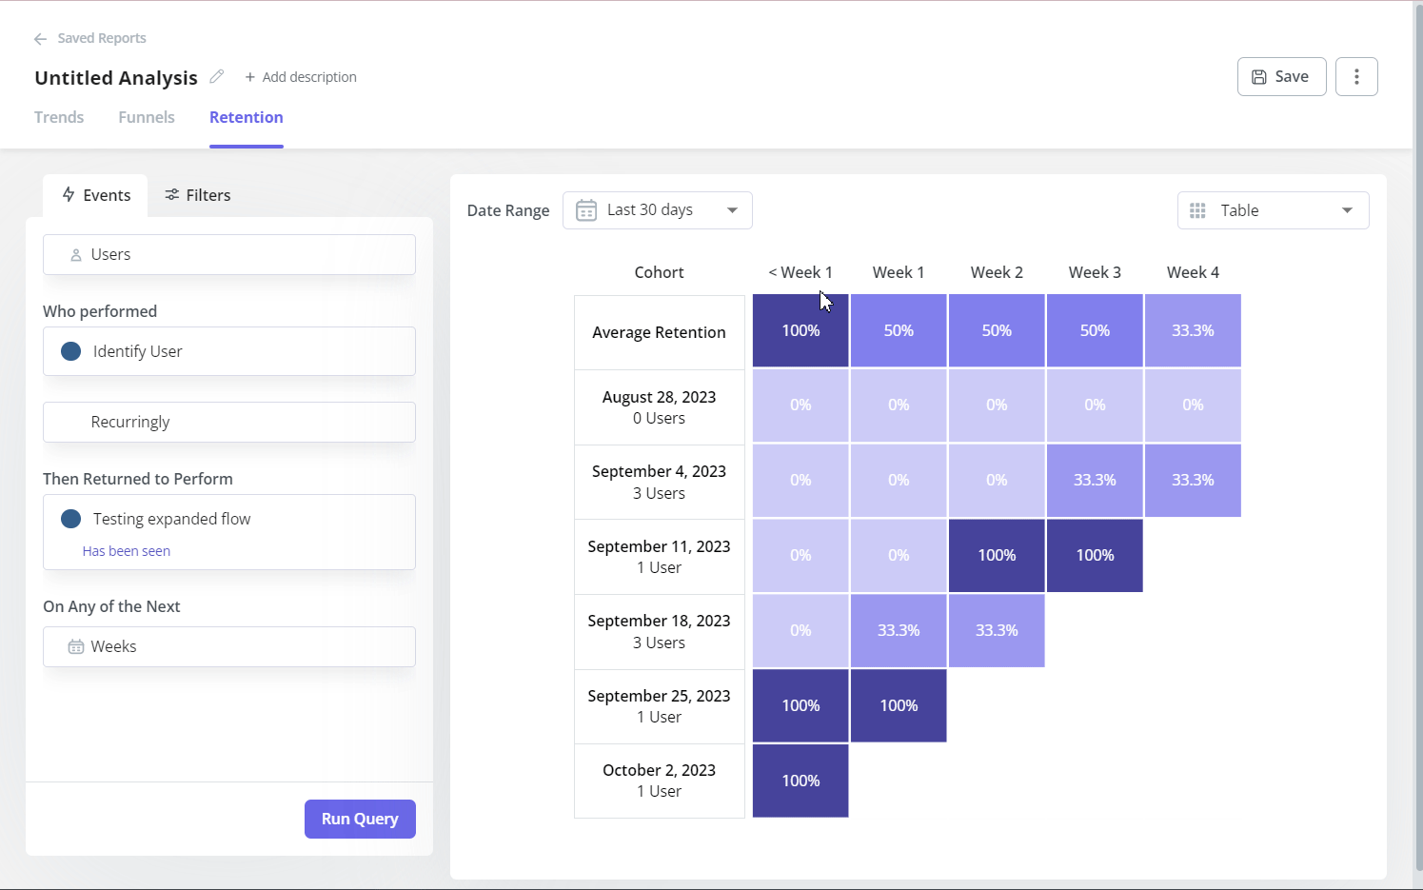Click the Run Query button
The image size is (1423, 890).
(360, 819)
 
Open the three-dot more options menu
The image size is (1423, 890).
(1356, 77)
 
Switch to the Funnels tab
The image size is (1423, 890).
(147, 117)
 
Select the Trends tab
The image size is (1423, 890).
(59, 117)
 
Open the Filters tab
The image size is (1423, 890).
(198, 195)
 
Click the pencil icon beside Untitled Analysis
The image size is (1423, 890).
(217, 77)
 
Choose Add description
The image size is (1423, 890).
(301, 77)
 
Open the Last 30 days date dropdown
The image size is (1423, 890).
(657, 210)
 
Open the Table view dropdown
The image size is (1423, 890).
(1273, 210)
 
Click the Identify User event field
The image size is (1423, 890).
(228, 351)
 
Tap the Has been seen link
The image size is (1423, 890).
(127, 551)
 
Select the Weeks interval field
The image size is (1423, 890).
(228, 646)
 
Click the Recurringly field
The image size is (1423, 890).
(228, 422)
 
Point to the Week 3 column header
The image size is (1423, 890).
(1095, 272)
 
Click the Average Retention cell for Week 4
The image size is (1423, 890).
(1193, 330)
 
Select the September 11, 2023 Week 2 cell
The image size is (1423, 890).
(997, 555)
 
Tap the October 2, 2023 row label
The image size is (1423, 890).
(659, 781)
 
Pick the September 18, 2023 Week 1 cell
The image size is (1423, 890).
(899, 630)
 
